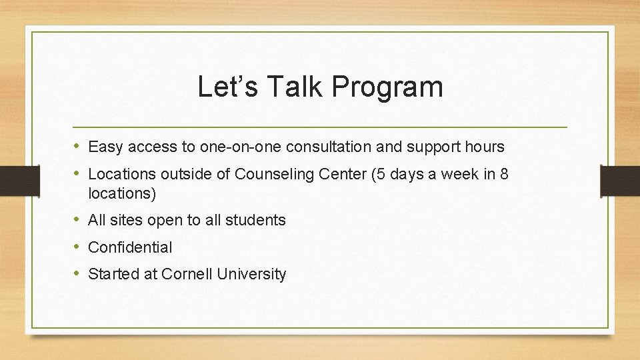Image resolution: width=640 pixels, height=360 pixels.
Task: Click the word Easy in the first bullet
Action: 103,147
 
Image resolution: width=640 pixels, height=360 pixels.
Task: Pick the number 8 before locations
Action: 504,175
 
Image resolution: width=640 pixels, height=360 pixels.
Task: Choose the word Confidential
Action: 130,247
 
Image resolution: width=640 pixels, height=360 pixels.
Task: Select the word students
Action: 259,220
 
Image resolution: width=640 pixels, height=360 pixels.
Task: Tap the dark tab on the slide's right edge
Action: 620,180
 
